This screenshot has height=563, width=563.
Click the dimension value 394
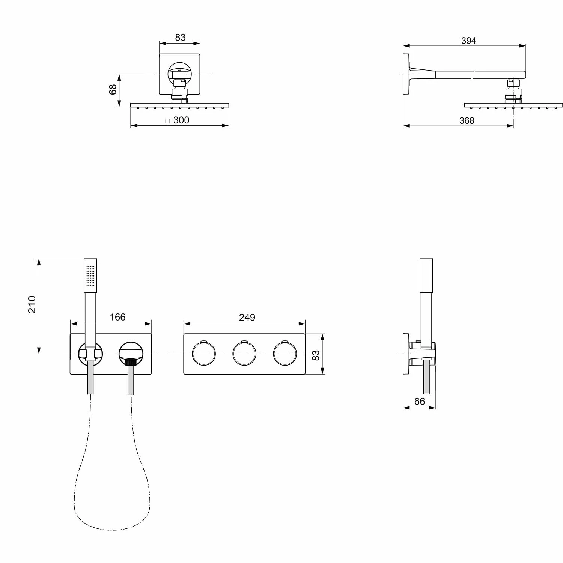click(x=468, y=41)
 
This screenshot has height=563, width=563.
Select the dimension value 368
click(x=467, y=120)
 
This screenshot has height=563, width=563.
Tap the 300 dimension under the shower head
click(x=181, y=120)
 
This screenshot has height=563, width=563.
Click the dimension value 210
click(x=32, y=304)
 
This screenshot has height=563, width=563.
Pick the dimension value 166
click(x=117, y=317)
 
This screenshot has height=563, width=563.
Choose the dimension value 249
click(x=247, y=317)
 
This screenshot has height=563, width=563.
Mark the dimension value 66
click(x=419, y=401)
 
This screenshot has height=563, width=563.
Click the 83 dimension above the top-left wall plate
click(x=180, y=38)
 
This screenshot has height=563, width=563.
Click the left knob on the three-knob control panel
click(x=204, y=354)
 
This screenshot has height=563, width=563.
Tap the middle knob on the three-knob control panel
click(x=244, y=354)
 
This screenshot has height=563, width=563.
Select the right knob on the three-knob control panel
click(x=285, y=354)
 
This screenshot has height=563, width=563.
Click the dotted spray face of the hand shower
click(x=90, y=276)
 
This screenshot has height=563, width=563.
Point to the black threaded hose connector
click(x=131, y=362)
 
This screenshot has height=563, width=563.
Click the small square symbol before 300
click(x=168, y=121)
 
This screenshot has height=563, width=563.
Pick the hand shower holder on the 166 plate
click(x=90, y=354)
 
